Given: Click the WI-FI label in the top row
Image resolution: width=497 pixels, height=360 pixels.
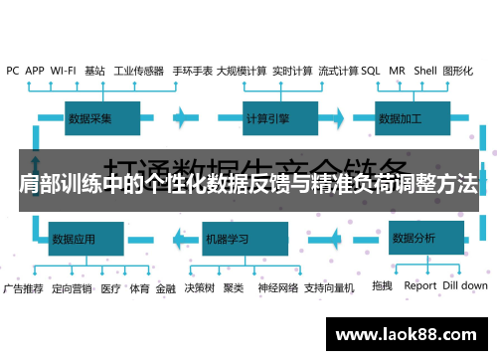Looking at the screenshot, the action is coord(64,72).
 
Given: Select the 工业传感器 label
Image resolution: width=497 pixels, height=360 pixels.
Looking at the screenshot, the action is coord(138,72).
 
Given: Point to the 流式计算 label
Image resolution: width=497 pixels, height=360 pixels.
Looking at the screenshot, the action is coord(338,72).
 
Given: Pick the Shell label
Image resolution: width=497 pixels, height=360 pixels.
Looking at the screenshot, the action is coord(424,72).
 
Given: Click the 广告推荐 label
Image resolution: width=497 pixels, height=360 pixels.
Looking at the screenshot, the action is coord(23,288).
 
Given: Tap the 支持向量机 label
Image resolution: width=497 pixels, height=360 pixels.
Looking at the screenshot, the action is coord(329,288).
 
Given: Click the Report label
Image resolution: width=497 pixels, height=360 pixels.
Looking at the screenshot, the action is coord(420,286).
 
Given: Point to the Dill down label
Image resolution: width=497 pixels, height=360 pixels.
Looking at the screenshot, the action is coord(465,286).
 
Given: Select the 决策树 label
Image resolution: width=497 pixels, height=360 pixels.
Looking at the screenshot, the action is coord(199,288).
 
